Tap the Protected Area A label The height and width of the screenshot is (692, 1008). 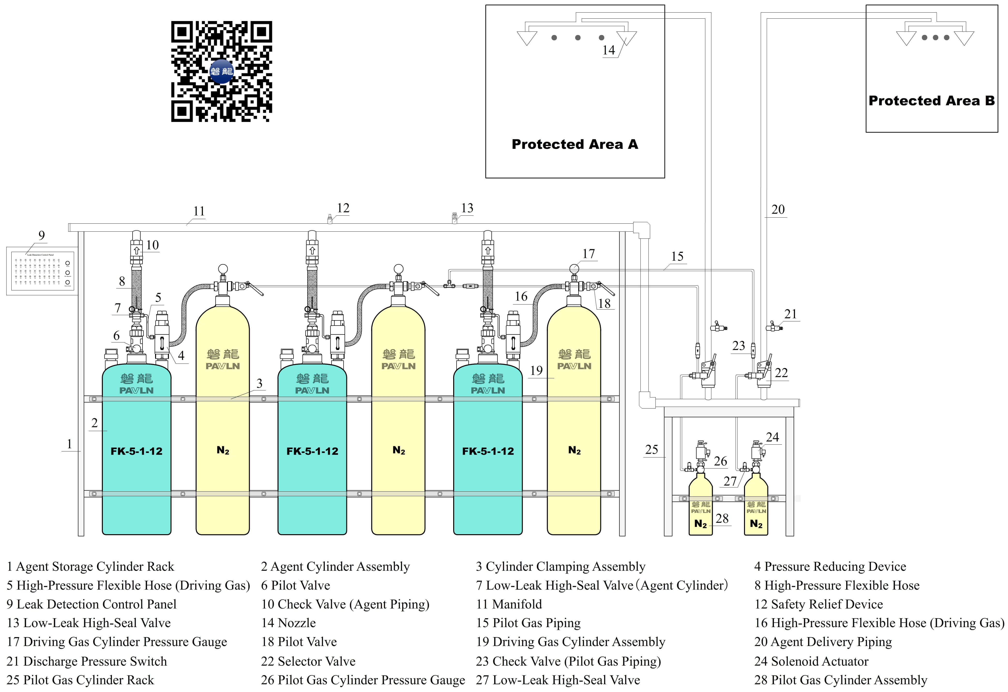(x=575, y=144)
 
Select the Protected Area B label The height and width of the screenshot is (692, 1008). (x=931, y=101)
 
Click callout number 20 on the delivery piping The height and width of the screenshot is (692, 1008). (x=778, y=210)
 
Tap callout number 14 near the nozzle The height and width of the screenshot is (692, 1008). (x=609, y=50)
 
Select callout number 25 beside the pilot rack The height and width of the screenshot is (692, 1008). (x=651, y=449)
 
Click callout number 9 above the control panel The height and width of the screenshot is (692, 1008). (x=42, y=236)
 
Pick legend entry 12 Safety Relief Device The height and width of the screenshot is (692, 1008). (x=819, y=604)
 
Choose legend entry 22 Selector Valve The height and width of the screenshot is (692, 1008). (x=308, y=661)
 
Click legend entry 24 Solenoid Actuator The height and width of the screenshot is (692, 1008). (x=811, y=661)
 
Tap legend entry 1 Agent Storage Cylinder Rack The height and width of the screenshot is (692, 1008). (x=90, y=567)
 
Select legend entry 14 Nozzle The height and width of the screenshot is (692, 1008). (x=288, y=623)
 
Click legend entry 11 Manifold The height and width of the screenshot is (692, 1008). (x=509, y=604)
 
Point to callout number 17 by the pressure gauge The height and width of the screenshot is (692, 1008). (x=589, y=254)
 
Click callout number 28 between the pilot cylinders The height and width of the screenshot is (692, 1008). (x=722, y=518)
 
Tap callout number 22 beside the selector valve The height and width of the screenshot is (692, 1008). (x=781, y=373)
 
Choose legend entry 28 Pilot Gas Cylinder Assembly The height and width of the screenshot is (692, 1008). (x=841, y=680)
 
